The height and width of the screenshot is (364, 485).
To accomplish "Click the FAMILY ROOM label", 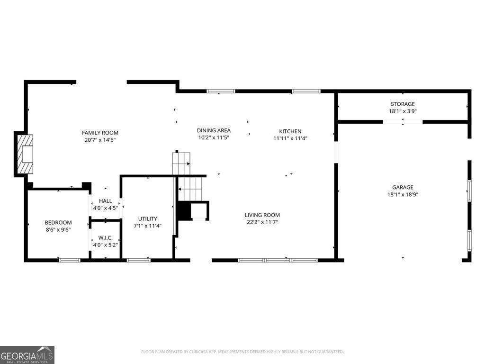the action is pyautogui.click(x=100, y=133).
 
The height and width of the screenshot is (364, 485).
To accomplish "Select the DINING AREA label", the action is pyautogui.click(x=214, y=131).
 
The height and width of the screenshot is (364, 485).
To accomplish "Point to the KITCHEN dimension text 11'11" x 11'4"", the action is pyautogui.click(x=290, y=138).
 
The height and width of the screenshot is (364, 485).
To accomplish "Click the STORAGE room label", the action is pyautogui.click(x=403, y=104).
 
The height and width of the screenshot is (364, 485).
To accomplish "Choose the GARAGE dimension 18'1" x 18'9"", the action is pyautogui.click(x=403, y=195).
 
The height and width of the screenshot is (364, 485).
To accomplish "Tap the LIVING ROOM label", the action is pyautogui.click(x=262, y=215).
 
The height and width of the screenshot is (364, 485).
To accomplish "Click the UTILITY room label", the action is pyautogui.click(x=148, y=218).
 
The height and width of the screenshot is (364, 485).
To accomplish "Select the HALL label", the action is pyautogui.click(x=106, y=201).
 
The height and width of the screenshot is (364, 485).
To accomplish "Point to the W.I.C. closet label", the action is pyautogui.click(x=106, y=238).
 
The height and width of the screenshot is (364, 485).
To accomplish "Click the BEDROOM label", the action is pyautogui.click(x=58, y=223).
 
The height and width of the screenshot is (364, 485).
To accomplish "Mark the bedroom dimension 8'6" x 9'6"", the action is pyautogui.click(x=58, y=230).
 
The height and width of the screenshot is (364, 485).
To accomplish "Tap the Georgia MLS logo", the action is pyautogui.click(x=27, y=355).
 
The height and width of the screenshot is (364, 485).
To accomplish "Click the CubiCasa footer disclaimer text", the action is pyautogui.click(x=242, y=352).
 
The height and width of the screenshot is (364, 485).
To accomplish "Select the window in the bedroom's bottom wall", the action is pyautogui.click(x=70, y=260).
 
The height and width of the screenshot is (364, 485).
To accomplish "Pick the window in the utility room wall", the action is pyautogui.click(x=139, y=260).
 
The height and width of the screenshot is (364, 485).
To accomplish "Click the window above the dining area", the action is pyautogui.click(x=221, y=91).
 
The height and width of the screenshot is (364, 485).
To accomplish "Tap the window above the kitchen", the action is pyautogui.click(x=306, y=91).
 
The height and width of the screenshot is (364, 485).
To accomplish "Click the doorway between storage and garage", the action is pyautogui.click(x=403, y=122).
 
